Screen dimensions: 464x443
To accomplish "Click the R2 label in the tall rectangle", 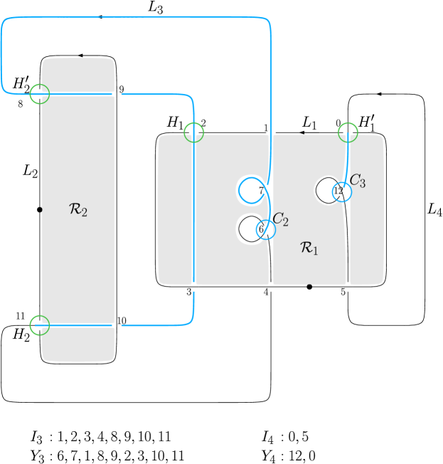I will [78, 210].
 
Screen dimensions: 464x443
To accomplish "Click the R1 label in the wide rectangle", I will [309, 248].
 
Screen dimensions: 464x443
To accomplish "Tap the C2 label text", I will [281, 220].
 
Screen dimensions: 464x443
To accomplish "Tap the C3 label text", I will [358, 181].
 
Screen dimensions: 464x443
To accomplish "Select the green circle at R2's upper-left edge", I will [41, 93].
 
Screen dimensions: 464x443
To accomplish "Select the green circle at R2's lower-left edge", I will [41, 325].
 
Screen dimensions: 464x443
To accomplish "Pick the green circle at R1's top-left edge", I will [193, 132].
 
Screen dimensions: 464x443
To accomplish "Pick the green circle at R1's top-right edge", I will [348, 132].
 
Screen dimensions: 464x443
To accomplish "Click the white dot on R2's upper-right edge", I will [117, 94].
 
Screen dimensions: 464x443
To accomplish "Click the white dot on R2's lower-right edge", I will [117, 325].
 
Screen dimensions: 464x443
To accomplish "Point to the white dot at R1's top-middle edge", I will [271, 132].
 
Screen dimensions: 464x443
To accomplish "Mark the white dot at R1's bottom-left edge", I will [193, 287].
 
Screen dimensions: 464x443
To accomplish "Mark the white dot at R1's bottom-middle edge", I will [271, 287].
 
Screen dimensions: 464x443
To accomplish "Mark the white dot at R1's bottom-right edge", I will [348, 287].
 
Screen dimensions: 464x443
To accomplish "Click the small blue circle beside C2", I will [266, 229].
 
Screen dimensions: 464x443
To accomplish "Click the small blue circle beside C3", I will [342, 192].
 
